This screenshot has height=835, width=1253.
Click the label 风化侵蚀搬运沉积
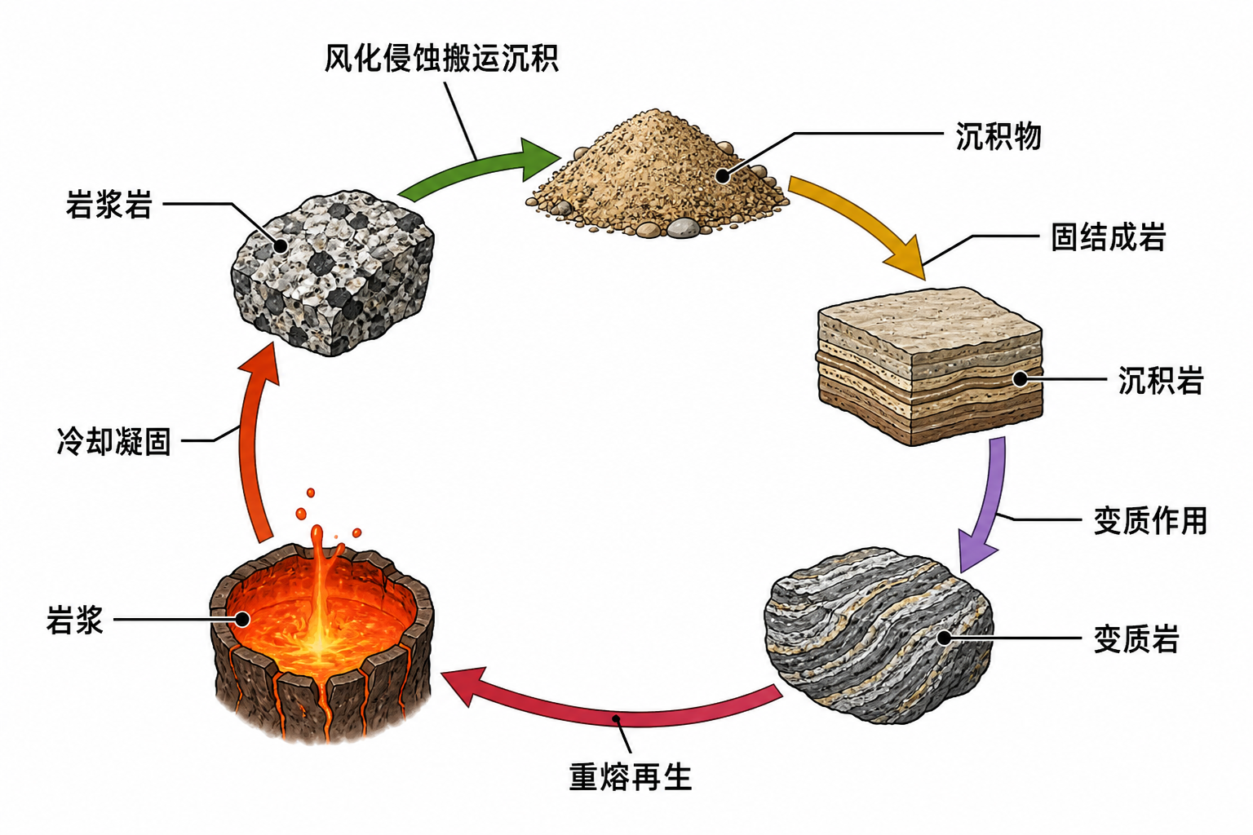441,58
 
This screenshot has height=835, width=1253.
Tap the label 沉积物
998,136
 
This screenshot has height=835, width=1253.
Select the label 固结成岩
1108,236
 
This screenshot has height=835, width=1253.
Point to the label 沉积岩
1161,380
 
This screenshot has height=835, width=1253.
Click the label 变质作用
1150,520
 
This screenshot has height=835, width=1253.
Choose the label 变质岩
1136,638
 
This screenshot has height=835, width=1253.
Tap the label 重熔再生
631,777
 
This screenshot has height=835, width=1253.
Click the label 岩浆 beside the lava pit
75,620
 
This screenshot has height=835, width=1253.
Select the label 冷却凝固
113,440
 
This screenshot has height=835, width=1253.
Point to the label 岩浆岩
109,204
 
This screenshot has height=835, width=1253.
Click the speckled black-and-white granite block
332,273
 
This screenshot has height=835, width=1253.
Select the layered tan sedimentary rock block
930,366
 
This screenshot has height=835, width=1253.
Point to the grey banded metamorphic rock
879,634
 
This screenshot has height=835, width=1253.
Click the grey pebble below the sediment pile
683,228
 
